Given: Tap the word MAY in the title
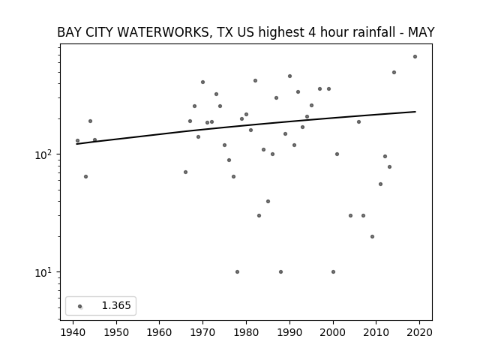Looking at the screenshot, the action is click(421, 32).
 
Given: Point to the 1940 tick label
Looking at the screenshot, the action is click(73, 332).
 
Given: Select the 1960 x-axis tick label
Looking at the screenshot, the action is click(159, 332).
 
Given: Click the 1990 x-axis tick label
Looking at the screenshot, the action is click(289, 332).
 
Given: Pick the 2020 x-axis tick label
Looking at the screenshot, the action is click(419, 332).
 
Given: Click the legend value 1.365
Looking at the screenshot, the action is click(116, 305).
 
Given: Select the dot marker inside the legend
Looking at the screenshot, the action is click(80, 306).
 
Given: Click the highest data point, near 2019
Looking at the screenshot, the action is click(415, 57).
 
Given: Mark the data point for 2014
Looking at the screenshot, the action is click(394, 73).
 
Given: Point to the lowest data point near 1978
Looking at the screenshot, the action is click(237, 271).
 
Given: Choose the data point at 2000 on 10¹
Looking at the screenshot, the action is click(333, 271).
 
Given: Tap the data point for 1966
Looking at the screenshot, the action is click(185, 172).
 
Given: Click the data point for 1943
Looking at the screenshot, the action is click(85, 177).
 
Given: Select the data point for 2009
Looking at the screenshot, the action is click(372, 237).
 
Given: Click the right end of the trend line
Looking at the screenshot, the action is click(415, 112).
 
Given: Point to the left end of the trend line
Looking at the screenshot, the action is click(76, 144).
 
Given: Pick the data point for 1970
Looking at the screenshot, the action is click(202, 82).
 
